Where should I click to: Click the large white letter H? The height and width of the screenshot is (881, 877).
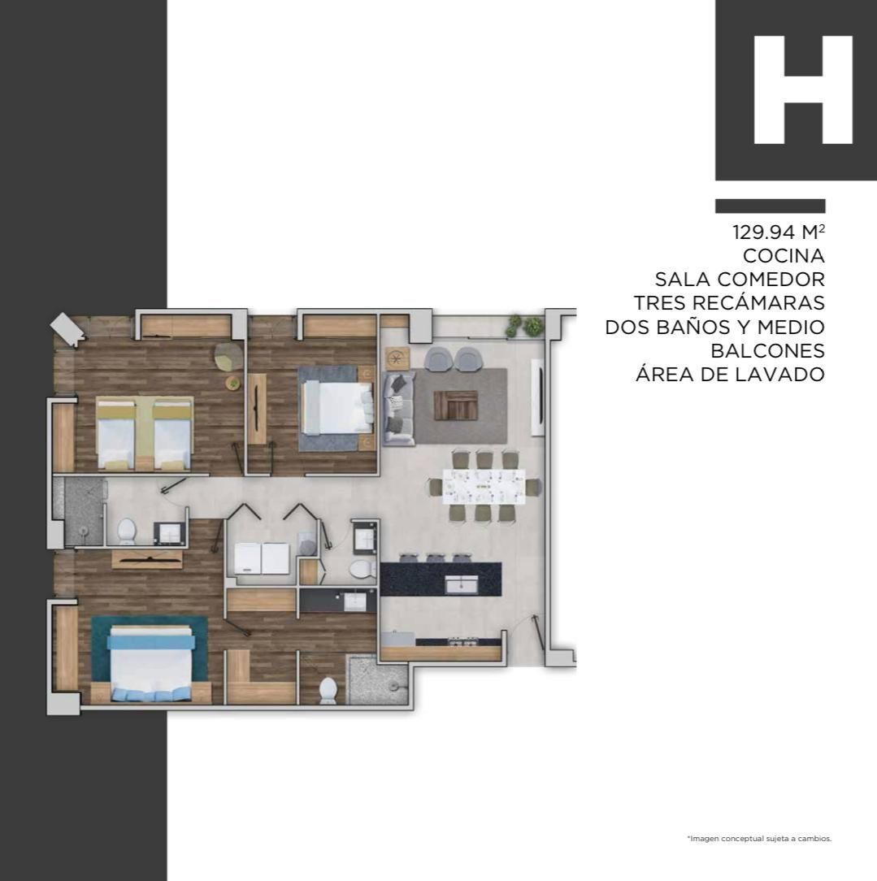coord(803,90)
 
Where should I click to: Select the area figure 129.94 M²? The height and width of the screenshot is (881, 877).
coord(779,232)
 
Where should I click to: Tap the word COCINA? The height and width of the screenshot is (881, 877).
coord(784,256)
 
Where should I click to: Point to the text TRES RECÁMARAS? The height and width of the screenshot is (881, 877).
coord(729,303)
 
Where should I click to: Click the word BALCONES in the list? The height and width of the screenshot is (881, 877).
coord(767,350)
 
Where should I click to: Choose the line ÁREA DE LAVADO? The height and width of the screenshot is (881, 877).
coord(731,374)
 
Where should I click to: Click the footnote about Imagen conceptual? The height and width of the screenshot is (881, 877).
coord(759,838)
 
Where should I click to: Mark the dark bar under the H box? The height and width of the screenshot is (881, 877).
coord(771,206)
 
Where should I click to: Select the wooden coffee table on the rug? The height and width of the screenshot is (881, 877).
coord(456,406)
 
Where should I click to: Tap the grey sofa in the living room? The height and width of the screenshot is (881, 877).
coord(398,409)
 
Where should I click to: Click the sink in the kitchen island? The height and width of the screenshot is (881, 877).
coord(461,584)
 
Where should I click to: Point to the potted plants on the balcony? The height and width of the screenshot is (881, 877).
coord(525,326)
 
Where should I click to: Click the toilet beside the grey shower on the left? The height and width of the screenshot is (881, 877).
coord(127,531)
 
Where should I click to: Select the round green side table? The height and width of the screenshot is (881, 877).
coord(232,383)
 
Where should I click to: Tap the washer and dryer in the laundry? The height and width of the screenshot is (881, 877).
coord(261,558)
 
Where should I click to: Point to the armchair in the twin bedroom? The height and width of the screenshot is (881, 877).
coord(228,356)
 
